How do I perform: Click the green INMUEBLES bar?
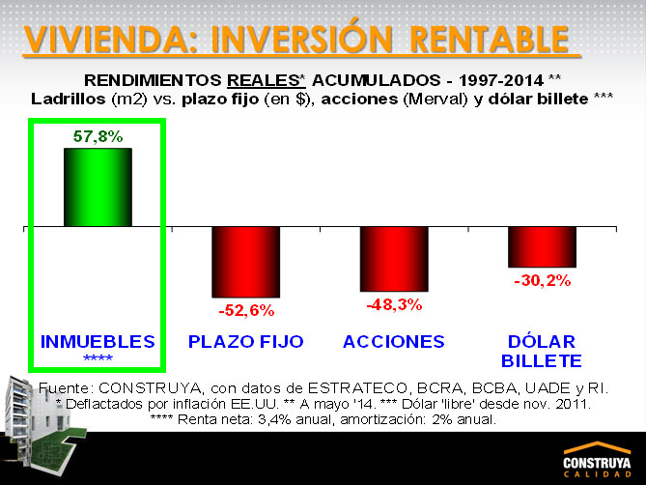pyautogui.click(x=98, y=187)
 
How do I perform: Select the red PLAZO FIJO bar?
pyautogui.click(x=246, y=262)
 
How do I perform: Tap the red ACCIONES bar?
pyautogui.click(x=394, y=259)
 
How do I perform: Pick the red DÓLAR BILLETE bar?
pyautogui.click(x=542, y=246)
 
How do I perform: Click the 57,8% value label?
pyautogui.click(x=98, y=136)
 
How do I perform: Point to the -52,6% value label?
pyautogui.click(x=246, y=310)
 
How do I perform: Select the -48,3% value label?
pyautogui.click(x=394, y=305)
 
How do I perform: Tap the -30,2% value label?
pyautogui.click(x=543, y=280)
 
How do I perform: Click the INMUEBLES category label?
pyautogui.click(x=98, y=342)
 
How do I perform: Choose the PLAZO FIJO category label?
pyautogui.click(x=246, y=342)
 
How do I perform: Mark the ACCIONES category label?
pyautogui.click(x=394, y=342)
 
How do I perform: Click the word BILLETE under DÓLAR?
pyautogui.click(x=542, y=361)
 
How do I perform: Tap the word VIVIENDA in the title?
pyautogui.click(x=105, y=39)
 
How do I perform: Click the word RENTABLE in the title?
pyautogui.click(x=490, y=39)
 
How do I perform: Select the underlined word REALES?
pyautogui.click(x=264, y=80)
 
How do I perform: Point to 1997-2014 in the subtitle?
pyautogui.click(x=501, y=80)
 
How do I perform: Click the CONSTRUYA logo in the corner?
pyautogui.click(x=598, y=460)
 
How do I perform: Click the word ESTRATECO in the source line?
pyautogui.click(x=357, y=388)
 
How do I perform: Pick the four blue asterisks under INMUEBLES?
pyautogui.click(x=98, y=357)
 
